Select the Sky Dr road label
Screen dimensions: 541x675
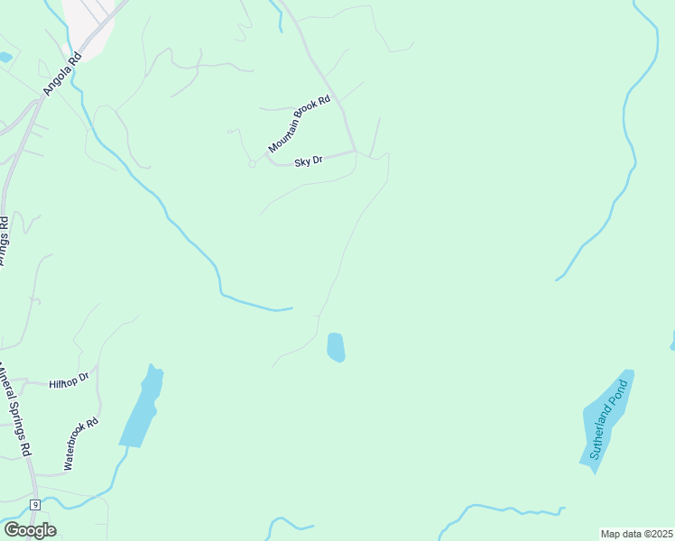(309, 161)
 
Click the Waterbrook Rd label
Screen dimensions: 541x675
(80, 444)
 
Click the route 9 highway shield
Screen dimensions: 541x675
(34, 504)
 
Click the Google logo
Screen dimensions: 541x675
(30, 529)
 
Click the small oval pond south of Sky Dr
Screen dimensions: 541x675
(336, 347)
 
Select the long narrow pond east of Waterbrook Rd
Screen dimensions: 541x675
(143, 408)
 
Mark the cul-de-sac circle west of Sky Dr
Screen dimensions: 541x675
(252, 163)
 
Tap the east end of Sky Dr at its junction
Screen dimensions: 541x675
(355, 151)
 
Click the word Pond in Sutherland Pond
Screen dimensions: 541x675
(618, 396)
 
